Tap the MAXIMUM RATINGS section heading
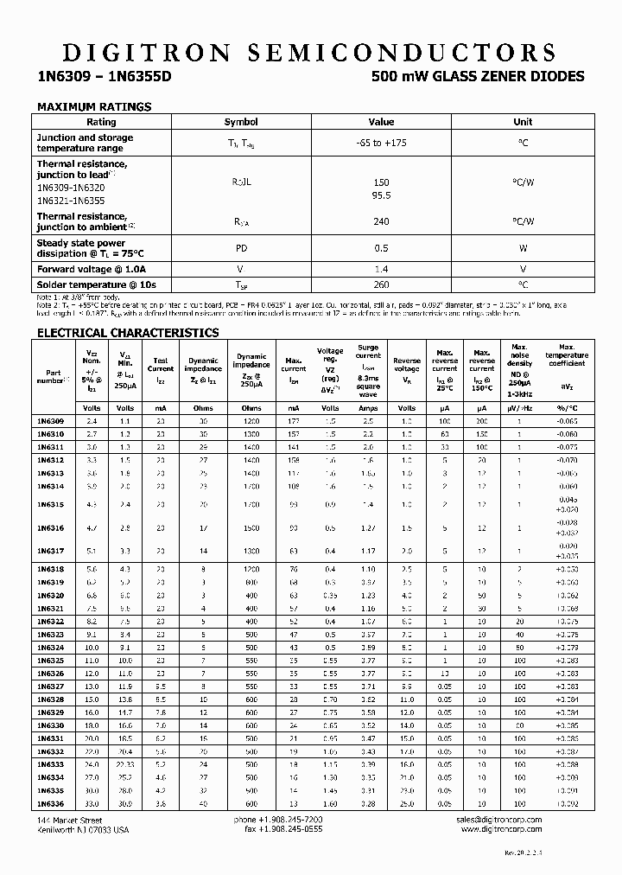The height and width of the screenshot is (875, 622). [93, 107]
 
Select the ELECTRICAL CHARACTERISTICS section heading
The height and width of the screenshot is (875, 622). [127, 333]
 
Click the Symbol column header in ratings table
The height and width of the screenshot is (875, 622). [241, 122]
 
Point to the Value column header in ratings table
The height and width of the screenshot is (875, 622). [381, 122]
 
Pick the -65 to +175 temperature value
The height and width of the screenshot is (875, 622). [381, 143]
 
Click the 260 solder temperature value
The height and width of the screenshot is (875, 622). [381, 284]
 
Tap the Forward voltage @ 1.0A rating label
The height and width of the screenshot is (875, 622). [90, 271]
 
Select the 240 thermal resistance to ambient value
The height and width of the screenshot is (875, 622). [381, 221]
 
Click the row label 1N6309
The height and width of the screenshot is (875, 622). [50, 420]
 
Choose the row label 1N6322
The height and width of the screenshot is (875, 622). [50, 622]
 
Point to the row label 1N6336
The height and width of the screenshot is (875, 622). [50, 803]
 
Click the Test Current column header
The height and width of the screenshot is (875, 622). [161, 365]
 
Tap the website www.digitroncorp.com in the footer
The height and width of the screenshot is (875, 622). [501, 829]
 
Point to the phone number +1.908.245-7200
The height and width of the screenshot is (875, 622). [290, 818]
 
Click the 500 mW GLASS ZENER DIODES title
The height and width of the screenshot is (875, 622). [477, 76]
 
